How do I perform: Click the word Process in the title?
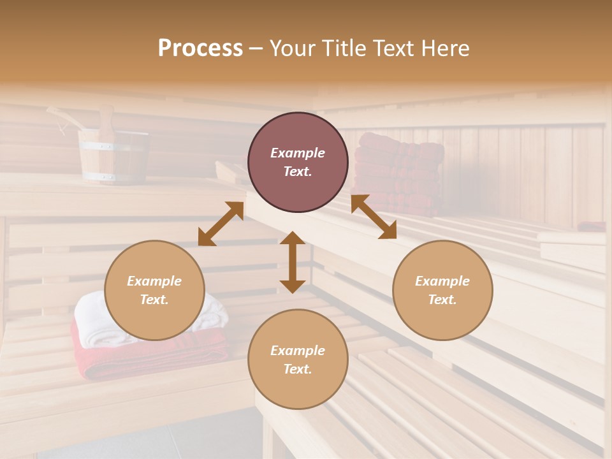(200, 48)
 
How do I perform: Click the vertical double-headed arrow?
(293, 262)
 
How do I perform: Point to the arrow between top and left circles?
(221, 224)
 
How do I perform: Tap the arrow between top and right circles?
(374, 217)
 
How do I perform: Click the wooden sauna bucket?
(113, 156)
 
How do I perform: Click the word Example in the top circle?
(298, 153)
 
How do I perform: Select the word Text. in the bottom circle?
(298, 369)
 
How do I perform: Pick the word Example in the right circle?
(442, 281)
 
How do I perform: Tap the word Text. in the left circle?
(154, 300)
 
